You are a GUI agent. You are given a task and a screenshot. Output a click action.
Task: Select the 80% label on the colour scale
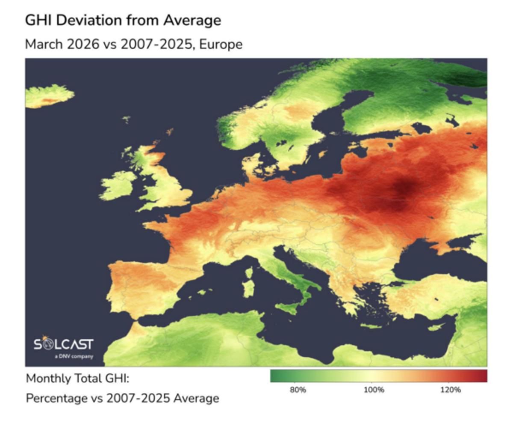tap(298, 390)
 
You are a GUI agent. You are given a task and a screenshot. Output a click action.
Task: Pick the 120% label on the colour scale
tap(450, 390)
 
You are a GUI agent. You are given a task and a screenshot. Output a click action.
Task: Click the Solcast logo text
tap(63, 344)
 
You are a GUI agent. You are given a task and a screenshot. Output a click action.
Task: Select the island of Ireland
tap(118, 186)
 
